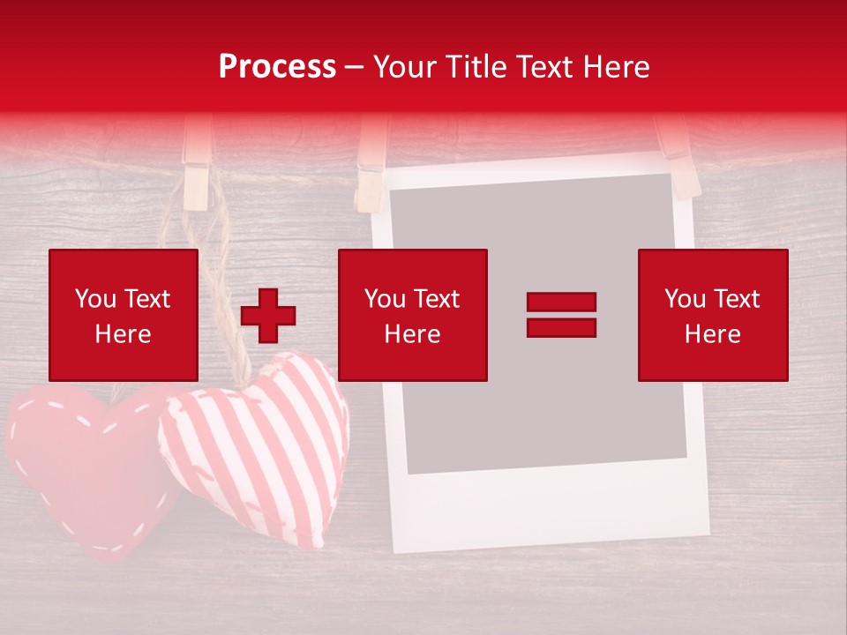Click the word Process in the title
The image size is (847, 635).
coord(277,67)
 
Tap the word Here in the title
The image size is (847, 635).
coord(615,67)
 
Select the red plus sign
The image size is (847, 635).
coord(268,316)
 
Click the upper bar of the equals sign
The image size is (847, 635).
coord(561,303)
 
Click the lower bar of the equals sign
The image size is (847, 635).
coord(561,327)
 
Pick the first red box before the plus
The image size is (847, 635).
coord(123,315)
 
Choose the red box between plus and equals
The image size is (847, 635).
coord(412,315)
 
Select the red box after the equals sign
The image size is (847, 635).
coord(713,315)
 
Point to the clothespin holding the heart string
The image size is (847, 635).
coord(196,168)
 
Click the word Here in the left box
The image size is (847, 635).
coord(123,334)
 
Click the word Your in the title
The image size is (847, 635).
coord(406,67)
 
